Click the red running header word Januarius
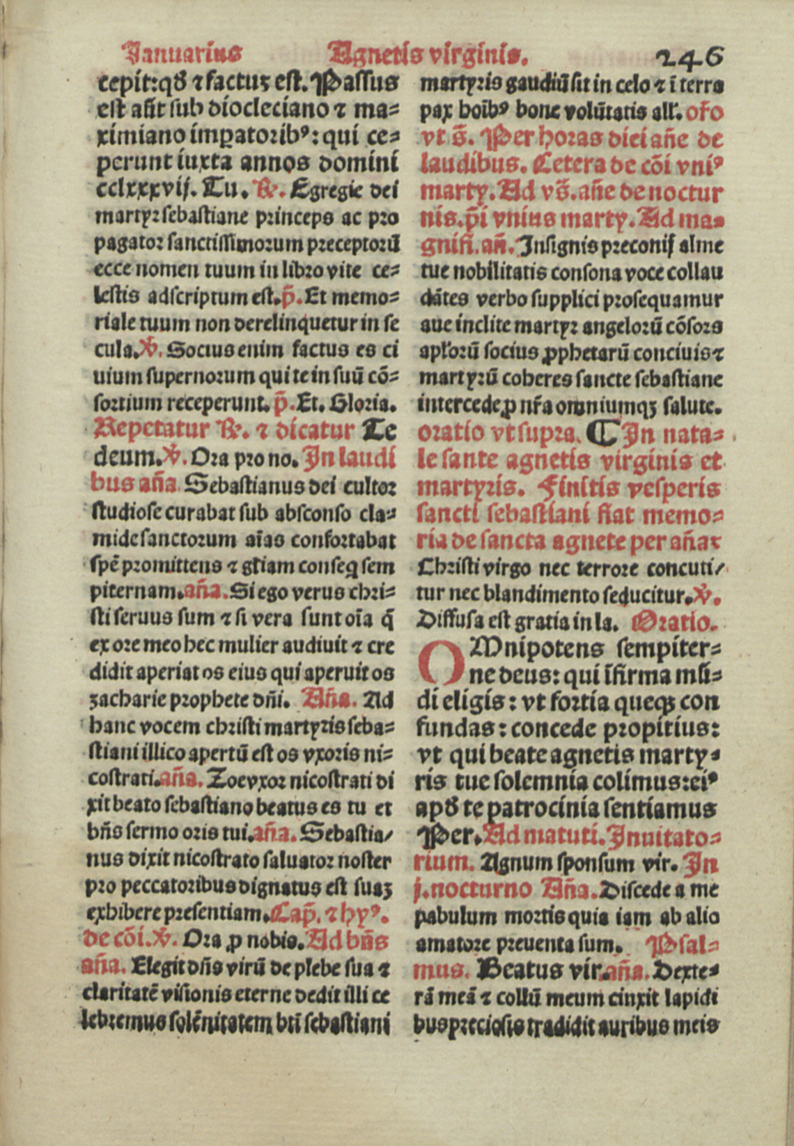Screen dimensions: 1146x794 pos(182,52)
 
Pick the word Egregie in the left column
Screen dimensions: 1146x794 pos(327,190)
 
